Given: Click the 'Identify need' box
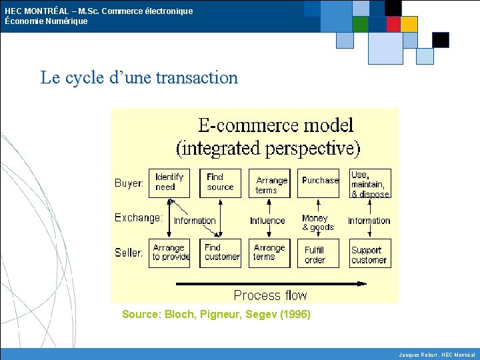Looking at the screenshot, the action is point(169,183).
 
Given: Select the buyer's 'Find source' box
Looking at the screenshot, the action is point(220,183).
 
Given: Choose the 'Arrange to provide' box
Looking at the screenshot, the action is point(169,253).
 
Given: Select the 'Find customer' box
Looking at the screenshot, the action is point(221,253).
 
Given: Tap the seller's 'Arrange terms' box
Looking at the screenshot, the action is point(269,253).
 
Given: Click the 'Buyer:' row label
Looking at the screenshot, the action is point(129,183).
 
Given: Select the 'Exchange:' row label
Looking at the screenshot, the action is point(139,217).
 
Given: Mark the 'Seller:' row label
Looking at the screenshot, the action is point(129,253).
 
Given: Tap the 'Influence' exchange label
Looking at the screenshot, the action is point(267,221).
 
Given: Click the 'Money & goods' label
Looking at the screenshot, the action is point(318,223).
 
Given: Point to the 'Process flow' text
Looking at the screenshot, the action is point(270,295).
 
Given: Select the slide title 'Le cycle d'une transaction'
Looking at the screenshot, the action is point(139,77).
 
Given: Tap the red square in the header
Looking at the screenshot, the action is point(393,24).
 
